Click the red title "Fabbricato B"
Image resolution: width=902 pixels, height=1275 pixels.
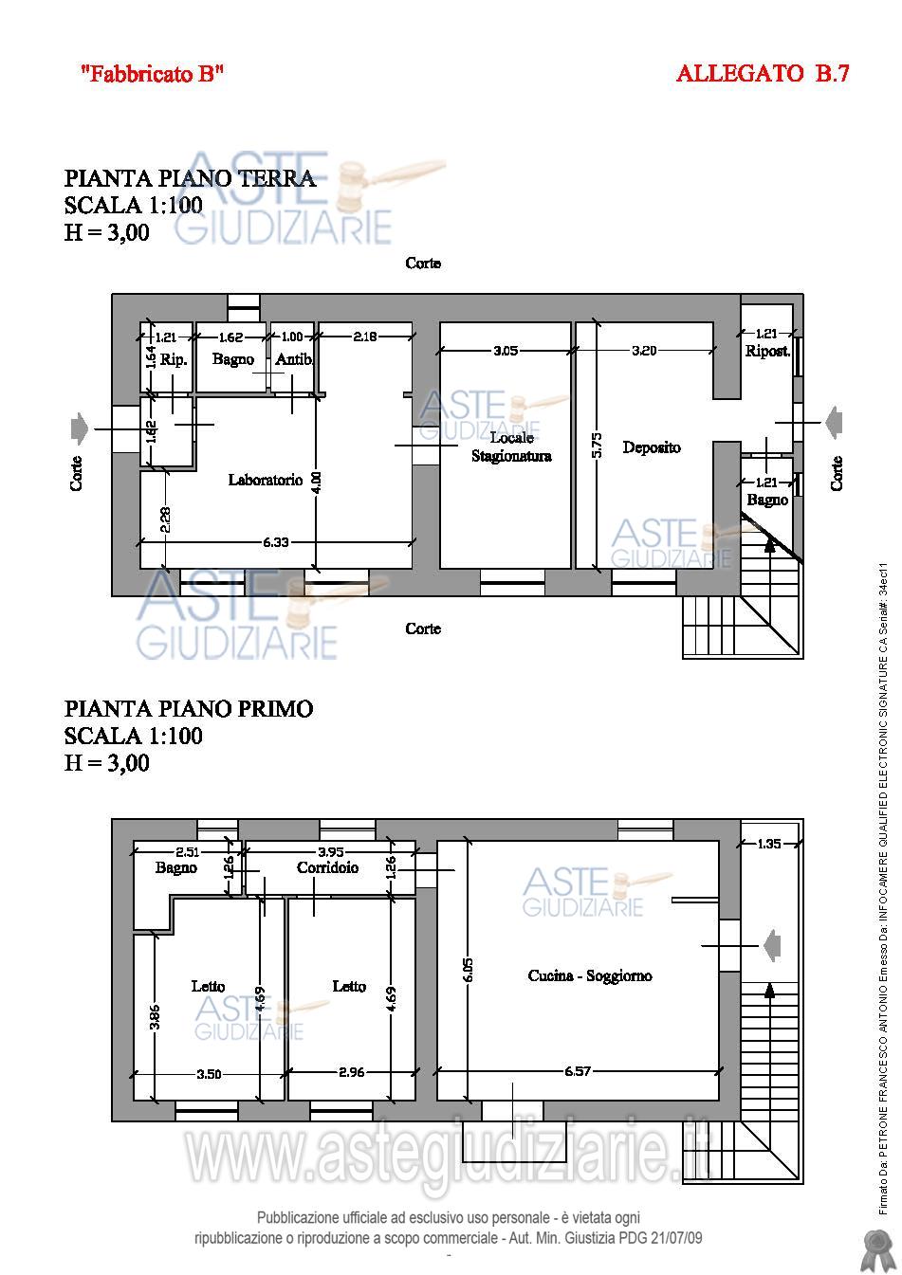click(x=152, y=73)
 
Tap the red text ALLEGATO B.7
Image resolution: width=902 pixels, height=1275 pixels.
click(x=763, y=73)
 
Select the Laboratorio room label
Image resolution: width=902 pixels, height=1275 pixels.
click(x=266, y=480)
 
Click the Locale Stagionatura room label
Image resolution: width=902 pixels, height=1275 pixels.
click(x=511, y=446)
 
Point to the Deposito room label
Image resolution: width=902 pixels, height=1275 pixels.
click(x=652, y=447)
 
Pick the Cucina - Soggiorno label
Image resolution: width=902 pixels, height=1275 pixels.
click(x=589, y=975)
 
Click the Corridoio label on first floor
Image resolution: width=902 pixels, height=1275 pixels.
click(x=327, y=867)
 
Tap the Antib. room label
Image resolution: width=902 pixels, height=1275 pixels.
click(x=294, y=359)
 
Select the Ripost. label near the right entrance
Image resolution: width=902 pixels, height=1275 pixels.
click(x=767, y=351)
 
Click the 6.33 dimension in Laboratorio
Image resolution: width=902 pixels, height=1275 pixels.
click(x=276, y=542)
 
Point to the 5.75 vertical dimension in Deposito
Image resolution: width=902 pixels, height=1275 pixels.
click(x=597, y=446)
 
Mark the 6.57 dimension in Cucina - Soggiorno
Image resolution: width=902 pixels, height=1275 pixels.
click(x=578, y=1071)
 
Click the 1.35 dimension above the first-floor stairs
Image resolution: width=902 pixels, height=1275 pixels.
click(x=769, y=844)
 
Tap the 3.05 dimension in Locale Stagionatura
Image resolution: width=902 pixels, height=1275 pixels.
click(x=506, y=351)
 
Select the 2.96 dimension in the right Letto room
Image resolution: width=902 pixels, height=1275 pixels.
click(x=351, y=1072)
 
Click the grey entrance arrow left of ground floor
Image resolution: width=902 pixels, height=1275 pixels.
click(x=80, y=428)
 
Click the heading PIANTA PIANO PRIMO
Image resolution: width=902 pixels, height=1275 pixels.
click(x=189, y=709)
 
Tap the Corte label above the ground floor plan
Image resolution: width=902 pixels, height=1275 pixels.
click(x=423, y=263)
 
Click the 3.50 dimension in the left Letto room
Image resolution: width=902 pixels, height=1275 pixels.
click(x=209, y=1074)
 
